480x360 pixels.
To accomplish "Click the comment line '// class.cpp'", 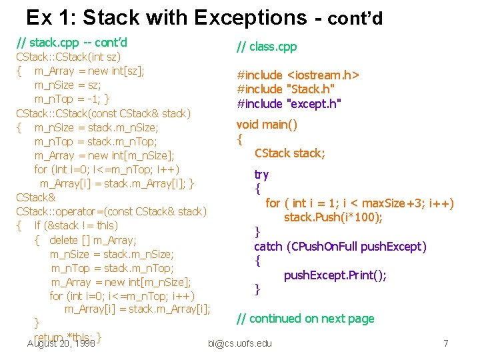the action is tap(267, 47).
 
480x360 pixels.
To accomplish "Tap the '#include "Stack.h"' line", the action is tap(286, 89).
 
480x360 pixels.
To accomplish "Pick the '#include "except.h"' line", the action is tap(289, 103).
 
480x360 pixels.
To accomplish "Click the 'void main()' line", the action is tap(267, 125).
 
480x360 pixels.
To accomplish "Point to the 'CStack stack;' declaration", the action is tap(290, 153).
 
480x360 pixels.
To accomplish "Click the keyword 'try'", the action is tap(261, 175).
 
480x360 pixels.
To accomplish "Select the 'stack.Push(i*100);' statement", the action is tap(333, 217).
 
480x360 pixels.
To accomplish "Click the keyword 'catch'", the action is tap(268, 247).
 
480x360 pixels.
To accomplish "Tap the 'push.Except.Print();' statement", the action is tap(335, 275).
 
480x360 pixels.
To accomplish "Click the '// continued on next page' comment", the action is tap(305, 319).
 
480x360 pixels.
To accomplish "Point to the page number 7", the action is tap(446, 343).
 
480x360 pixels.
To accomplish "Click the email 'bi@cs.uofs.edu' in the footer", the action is tap(240, 343).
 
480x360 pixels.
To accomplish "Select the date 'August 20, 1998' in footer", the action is tap(61, 343).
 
